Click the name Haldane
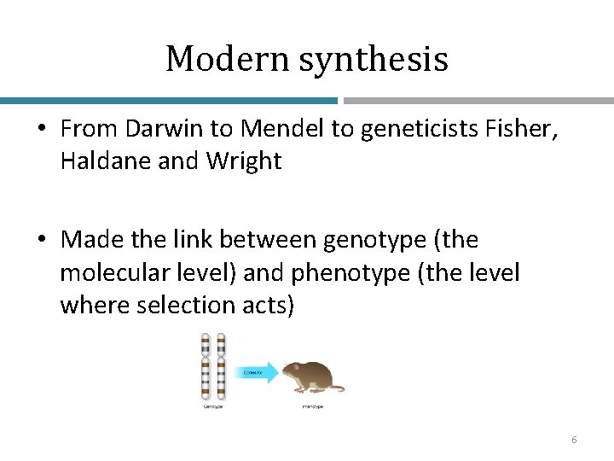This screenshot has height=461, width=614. point(95,160)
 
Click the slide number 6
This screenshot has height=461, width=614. point(574,440)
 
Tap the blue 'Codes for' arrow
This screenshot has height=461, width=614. point(258,371)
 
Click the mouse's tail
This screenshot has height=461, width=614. point(338,388)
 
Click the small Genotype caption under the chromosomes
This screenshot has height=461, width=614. point(212,406)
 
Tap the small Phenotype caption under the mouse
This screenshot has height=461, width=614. point(312,406)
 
